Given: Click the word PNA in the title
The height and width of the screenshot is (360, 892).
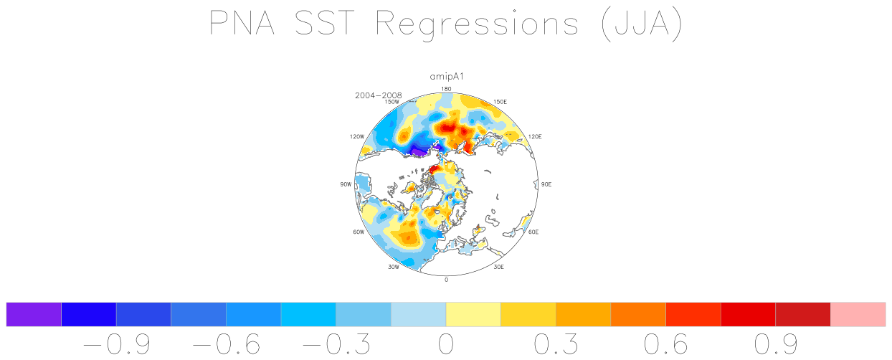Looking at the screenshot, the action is [x=242, y=23].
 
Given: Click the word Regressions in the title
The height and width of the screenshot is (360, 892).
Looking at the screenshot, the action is [x=477, y=24].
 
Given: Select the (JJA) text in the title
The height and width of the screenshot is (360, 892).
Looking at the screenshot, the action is [x=642, y=24].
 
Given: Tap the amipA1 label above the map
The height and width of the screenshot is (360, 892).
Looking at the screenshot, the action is [x=447, y=77].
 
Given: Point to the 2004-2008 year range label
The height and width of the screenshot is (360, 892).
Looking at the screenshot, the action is [x=379, y=95].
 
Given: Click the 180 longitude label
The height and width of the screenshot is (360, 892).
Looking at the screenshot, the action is [x=447, y=89].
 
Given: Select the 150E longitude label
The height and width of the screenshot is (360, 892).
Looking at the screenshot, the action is [x=500, y=102].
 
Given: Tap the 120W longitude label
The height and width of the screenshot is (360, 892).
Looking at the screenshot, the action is [x=357, y=136].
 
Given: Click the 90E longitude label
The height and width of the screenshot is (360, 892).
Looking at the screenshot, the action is [x=546, y=184].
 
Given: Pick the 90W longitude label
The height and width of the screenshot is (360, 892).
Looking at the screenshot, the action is [x=346, y=184].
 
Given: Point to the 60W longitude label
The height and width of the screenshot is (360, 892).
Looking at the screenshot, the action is [x=359, y=232].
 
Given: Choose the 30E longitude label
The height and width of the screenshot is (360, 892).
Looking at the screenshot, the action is [x=498, y=267].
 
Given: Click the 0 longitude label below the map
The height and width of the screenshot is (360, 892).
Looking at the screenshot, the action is [x=447, y=280].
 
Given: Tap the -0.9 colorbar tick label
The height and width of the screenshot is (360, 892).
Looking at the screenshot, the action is [x=117, y=344].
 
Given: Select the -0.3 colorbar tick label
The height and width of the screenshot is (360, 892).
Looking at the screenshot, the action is [x=336, y=344].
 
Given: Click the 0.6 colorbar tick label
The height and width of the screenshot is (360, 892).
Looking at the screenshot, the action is [x=666, y=344].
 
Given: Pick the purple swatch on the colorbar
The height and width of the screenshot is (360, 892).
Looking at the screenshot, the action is [x=34, y=315].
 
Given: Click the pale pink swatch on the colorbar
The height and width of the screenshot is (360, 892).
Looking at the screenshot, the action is [x=858, y=315].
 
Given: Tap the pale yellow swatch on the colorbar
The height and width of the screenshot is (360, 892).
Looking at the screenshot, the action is [x=473, y=315].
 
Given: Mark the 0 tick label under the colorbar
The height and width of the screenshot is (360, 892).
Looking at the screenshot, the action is [x=446, y=344].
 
